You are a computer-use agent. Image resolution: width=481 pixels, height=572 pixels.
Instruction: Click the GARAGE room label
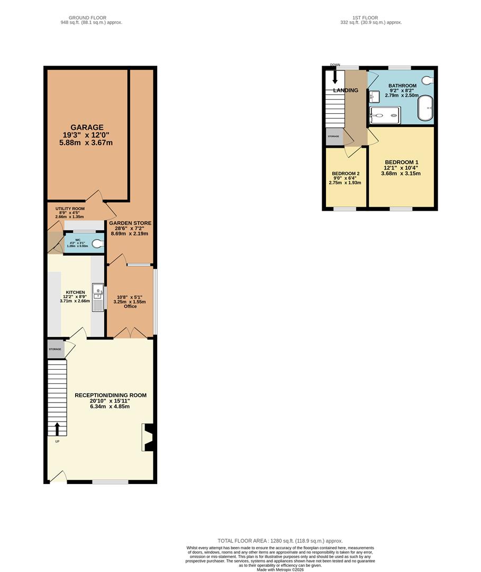(x=88, y=128)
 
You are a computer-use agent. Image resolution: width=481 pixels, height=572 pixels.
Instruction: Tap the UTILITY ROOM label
(x=70, y=209)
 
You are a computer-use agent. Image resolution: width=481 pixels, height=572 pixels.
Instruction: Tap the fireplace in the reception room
(x=148, y=437)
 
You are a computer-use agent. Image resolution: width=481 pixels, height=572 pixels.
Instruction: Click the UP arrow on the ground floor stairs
(x=57, y=428)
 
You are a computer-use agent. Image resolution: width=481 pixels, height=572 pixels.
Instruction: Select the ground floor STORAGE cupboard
(x=55, y=350)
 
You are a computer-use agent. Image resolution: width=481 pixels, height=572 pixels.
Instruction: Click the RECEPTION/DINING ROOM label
(x=111, y=395)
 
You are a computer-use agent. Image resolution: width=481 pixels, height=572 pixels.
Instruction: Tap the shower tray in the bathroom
(x=385, y=114)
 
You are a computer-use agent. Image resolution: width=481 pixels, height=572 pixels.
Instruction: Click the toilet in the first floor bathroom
(x=428, y=80)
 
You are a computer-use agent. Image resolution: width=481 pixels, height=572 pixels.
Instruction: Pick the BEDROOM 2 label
(x=346, y=174)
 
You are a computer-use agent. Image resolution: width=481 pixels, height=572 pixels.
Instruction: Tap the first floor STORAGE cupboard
(x=333, y=137)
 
